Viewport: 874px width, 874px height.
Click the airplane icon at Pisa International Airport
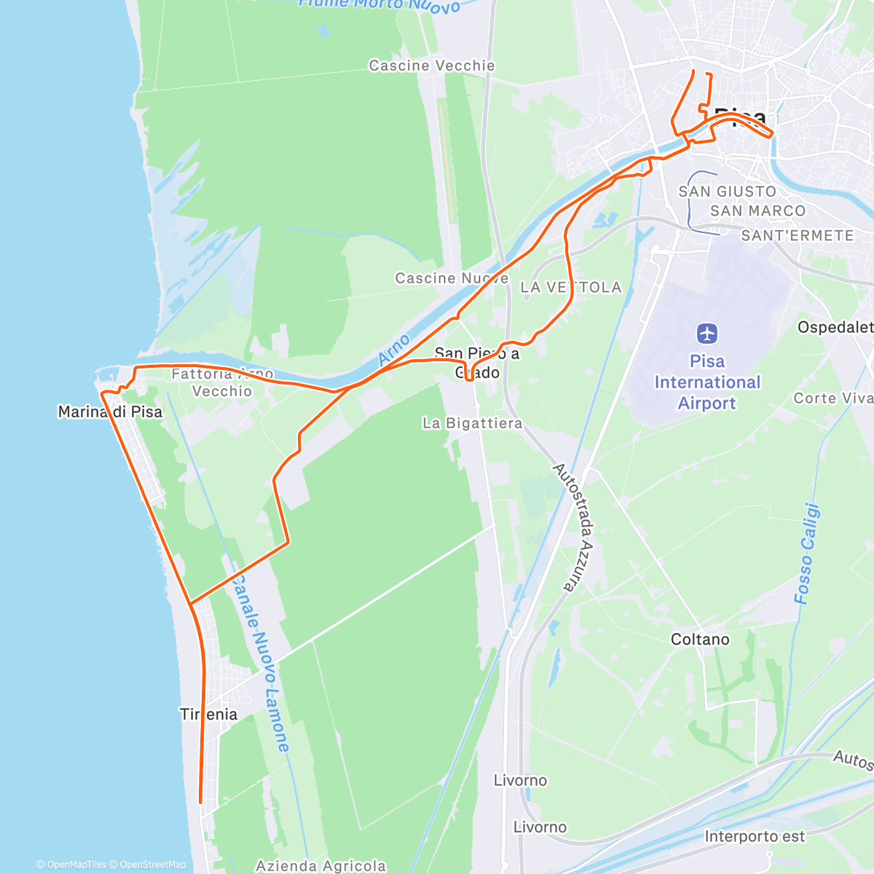(707, 334)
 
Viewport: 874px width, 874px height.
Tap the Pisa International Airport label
(707, 382)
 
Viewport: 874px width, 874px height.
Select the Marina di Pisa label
(110, 412)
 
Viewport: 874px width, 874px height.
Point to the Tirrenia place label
(209, 714)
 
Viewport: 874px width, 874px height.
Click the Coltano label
(700, 639)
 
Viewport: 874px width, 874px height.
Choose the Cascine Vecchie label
(432, 66)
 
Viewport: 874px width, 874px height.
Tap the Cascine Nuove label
(452, 278)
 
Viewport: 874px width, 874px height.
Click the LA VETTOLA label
(571, 288)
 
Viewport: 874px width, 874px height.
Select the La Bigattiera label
(473, 423)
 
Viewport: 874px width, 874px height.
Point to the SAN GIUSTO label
(728, 192)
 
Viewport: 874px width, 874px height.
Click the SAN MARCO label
(758, 211)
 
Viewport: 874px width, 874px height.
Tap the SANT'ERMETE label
(798, 236)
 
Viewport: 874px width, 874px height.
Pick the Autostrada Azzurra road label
(575, 527)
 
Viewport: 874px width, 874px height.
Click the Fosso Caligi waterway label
(807, 554)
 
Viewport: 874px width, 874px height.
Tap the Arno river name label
(394, 350)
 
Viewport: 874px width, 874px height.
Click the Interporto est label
(755, 837)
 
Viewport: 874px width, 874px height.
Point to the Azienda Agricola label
(320, 866)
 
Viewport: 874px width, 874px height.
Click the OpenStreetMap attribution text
(152, 865)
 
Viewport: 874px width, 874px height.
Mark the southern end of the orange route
(200, 802)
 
